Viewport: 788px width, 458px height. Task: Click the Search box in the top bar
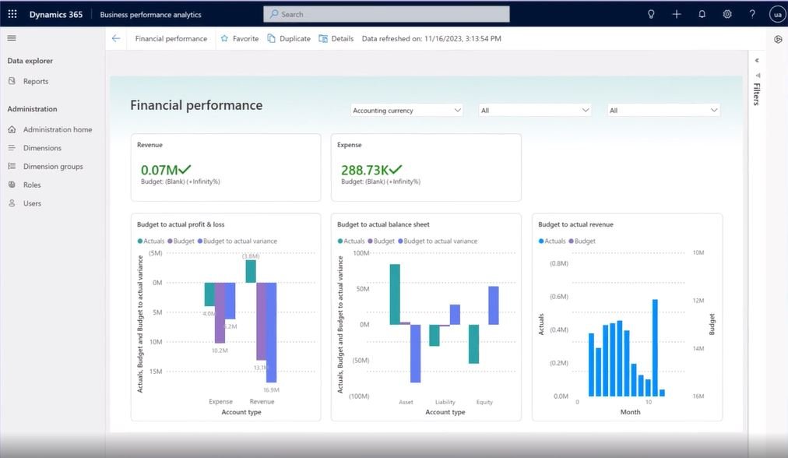386,14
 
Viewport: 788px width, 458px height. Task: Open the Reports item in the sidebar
35,81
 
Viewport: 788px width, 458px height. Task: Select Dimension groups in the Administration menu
52,166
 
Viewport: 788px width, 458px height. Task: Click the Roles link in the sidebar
32,185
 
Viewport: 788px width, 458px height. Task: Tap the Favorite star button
240,38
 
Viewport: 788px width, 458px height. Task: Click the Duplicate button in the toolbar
289,38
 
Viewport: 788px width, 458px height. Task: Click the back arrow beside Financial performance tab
116,38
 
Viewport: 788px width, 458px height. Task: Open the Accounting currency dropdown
406,111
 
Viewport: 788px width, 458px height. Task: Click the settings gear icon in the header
727,14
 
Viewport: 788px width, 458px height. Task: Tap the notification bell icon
702,14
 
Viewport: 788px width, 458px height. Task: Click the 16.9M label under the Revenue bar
271,389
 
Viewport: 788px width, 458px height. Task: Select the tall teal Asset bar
395,294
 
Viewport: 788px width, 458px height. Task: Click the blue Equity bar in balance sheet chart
493,305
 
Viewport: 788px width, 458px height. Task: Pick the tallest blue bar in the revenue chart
655,347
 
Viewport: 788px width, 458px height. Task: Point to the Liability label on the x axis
445,402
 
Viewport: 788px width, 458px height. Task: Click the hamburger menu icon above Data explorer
12,38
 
